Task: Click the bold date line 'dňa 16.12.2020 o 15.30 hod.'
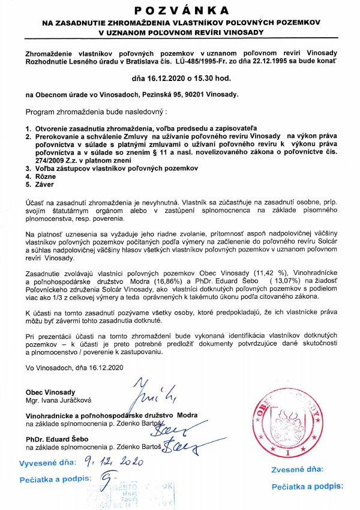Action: pyautogui.click(x=181, y=78)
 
